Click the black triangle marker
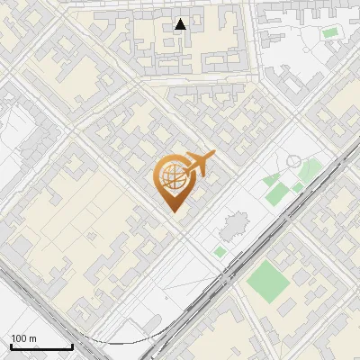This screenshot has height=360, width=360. click(x=181, y=24)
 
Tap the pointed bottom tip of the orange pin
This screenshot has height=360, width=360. click(x=174, y=212)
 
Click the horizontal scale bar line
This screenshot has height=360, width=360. click(x=40, y=346)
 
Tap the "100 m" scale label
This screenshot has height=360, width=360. click(x=23, y=338)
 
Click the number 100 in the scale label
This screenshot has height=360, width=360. click(x=19, y=338)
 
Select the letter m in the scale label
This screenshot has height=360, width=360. click(x=32, y=338)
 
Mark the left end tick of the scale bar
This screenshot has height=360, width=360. click(x=10, y=345)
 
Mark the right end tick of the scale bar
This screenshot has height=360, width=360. click(x=72, y=345)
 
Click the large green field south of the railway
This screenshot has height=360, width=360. click(x=267, y=281)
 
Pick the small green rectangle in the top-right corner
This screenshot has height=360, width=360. click(x=330, y=33)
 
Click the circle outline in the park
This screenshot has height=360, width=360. click(x=293, y=161)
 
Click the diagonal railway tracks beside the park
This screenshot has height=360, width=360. click(x=270, y=225)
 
